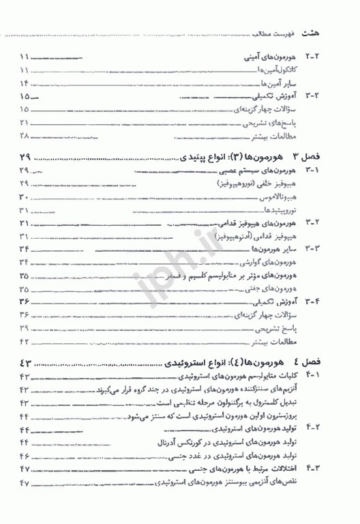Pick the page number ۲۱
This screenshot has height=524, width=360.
[25, 123]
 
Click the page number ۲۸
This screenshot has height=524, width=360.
[25, 136]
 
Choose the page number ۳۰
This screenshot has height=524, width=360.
[25, 197]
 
